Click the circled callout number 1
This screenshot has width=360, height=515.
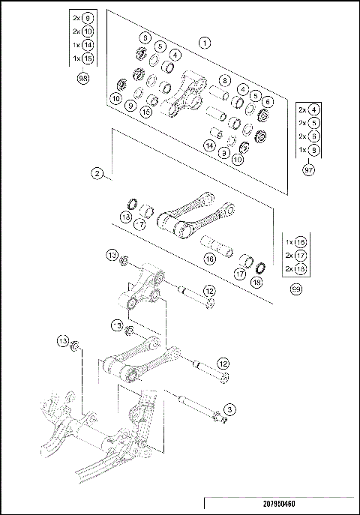point(203,43)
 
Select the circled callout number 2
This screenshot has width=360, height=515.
point(97,173)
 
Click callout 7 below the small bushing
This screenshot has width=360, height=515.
point(140,224)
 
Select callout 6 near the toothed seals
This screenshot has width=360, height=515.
point(268,102)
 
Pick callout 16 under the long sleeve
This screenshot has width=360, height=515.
point(210,259)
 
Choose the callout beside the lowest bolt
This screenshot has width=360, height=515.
point(230,409)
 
